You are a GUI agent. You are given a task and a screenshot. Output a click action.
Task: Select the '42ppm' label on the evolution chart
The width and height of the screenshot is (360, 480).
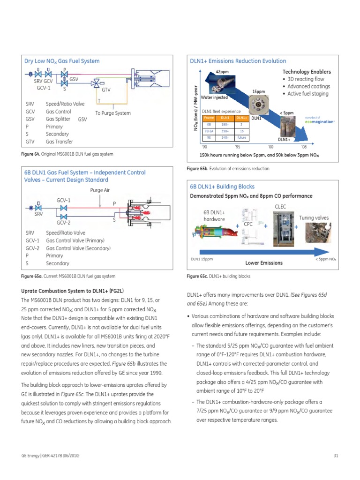[x=222, y=71]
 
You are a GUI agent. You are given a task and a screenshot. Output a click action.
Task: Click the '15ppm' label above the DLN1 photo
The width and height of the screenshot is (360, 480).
[x=259, y=91]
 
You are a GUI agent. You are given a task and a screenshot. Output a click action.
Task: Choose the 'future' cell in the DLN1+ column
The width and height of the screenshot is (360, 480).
[x=241, y=138]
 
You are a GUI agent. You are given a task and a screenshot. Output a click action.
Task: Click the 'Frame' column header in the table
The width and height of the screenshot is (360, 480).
[x=209, y=118]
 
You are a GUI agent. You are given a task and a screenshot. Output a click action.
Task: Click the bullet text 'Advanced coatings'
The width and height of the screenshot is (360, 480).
[x=308, y=86]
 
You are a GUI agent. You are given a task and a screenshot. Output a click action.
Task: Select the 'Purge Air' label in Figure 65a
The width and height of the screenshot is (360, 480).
[x=100, y=190]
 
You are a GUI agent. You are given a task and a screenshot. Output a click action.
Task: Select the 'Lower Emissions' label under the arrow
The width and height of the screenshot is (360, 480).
[x=264, y=263]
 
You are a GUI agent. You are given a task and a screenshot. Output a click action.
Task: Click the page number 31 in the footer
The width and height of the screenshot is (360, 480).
[x=336, y=455]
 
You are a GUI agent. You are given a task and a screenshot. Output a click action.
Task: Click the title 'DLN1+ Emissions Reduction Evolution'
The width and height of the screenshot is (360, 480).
[x=238, y=61]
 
